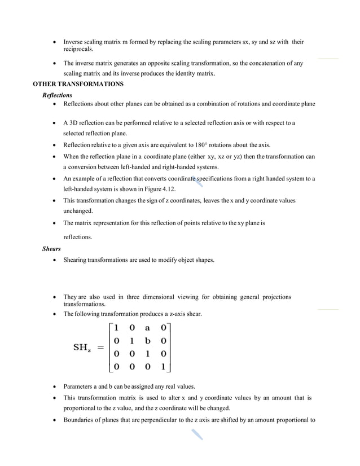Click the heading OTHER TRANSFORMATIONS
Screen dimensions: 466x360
(x=78, y=84)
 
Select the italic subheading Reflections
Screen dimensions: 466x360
(x=57, y=95)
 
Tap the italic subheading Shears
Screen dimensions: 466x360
(x=52, y=248)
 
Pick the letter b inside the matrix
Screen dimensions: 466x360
(x=147, y=341)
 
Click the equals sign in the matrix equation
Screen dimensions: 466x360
(x=101, y=348)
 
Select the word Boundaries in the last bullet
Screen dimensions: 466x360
(x=80, y=420)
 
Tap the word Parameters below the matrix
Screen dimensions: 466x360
(x=80, y=387)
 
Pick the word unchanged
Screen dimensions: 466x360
(x=78, y=210)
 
